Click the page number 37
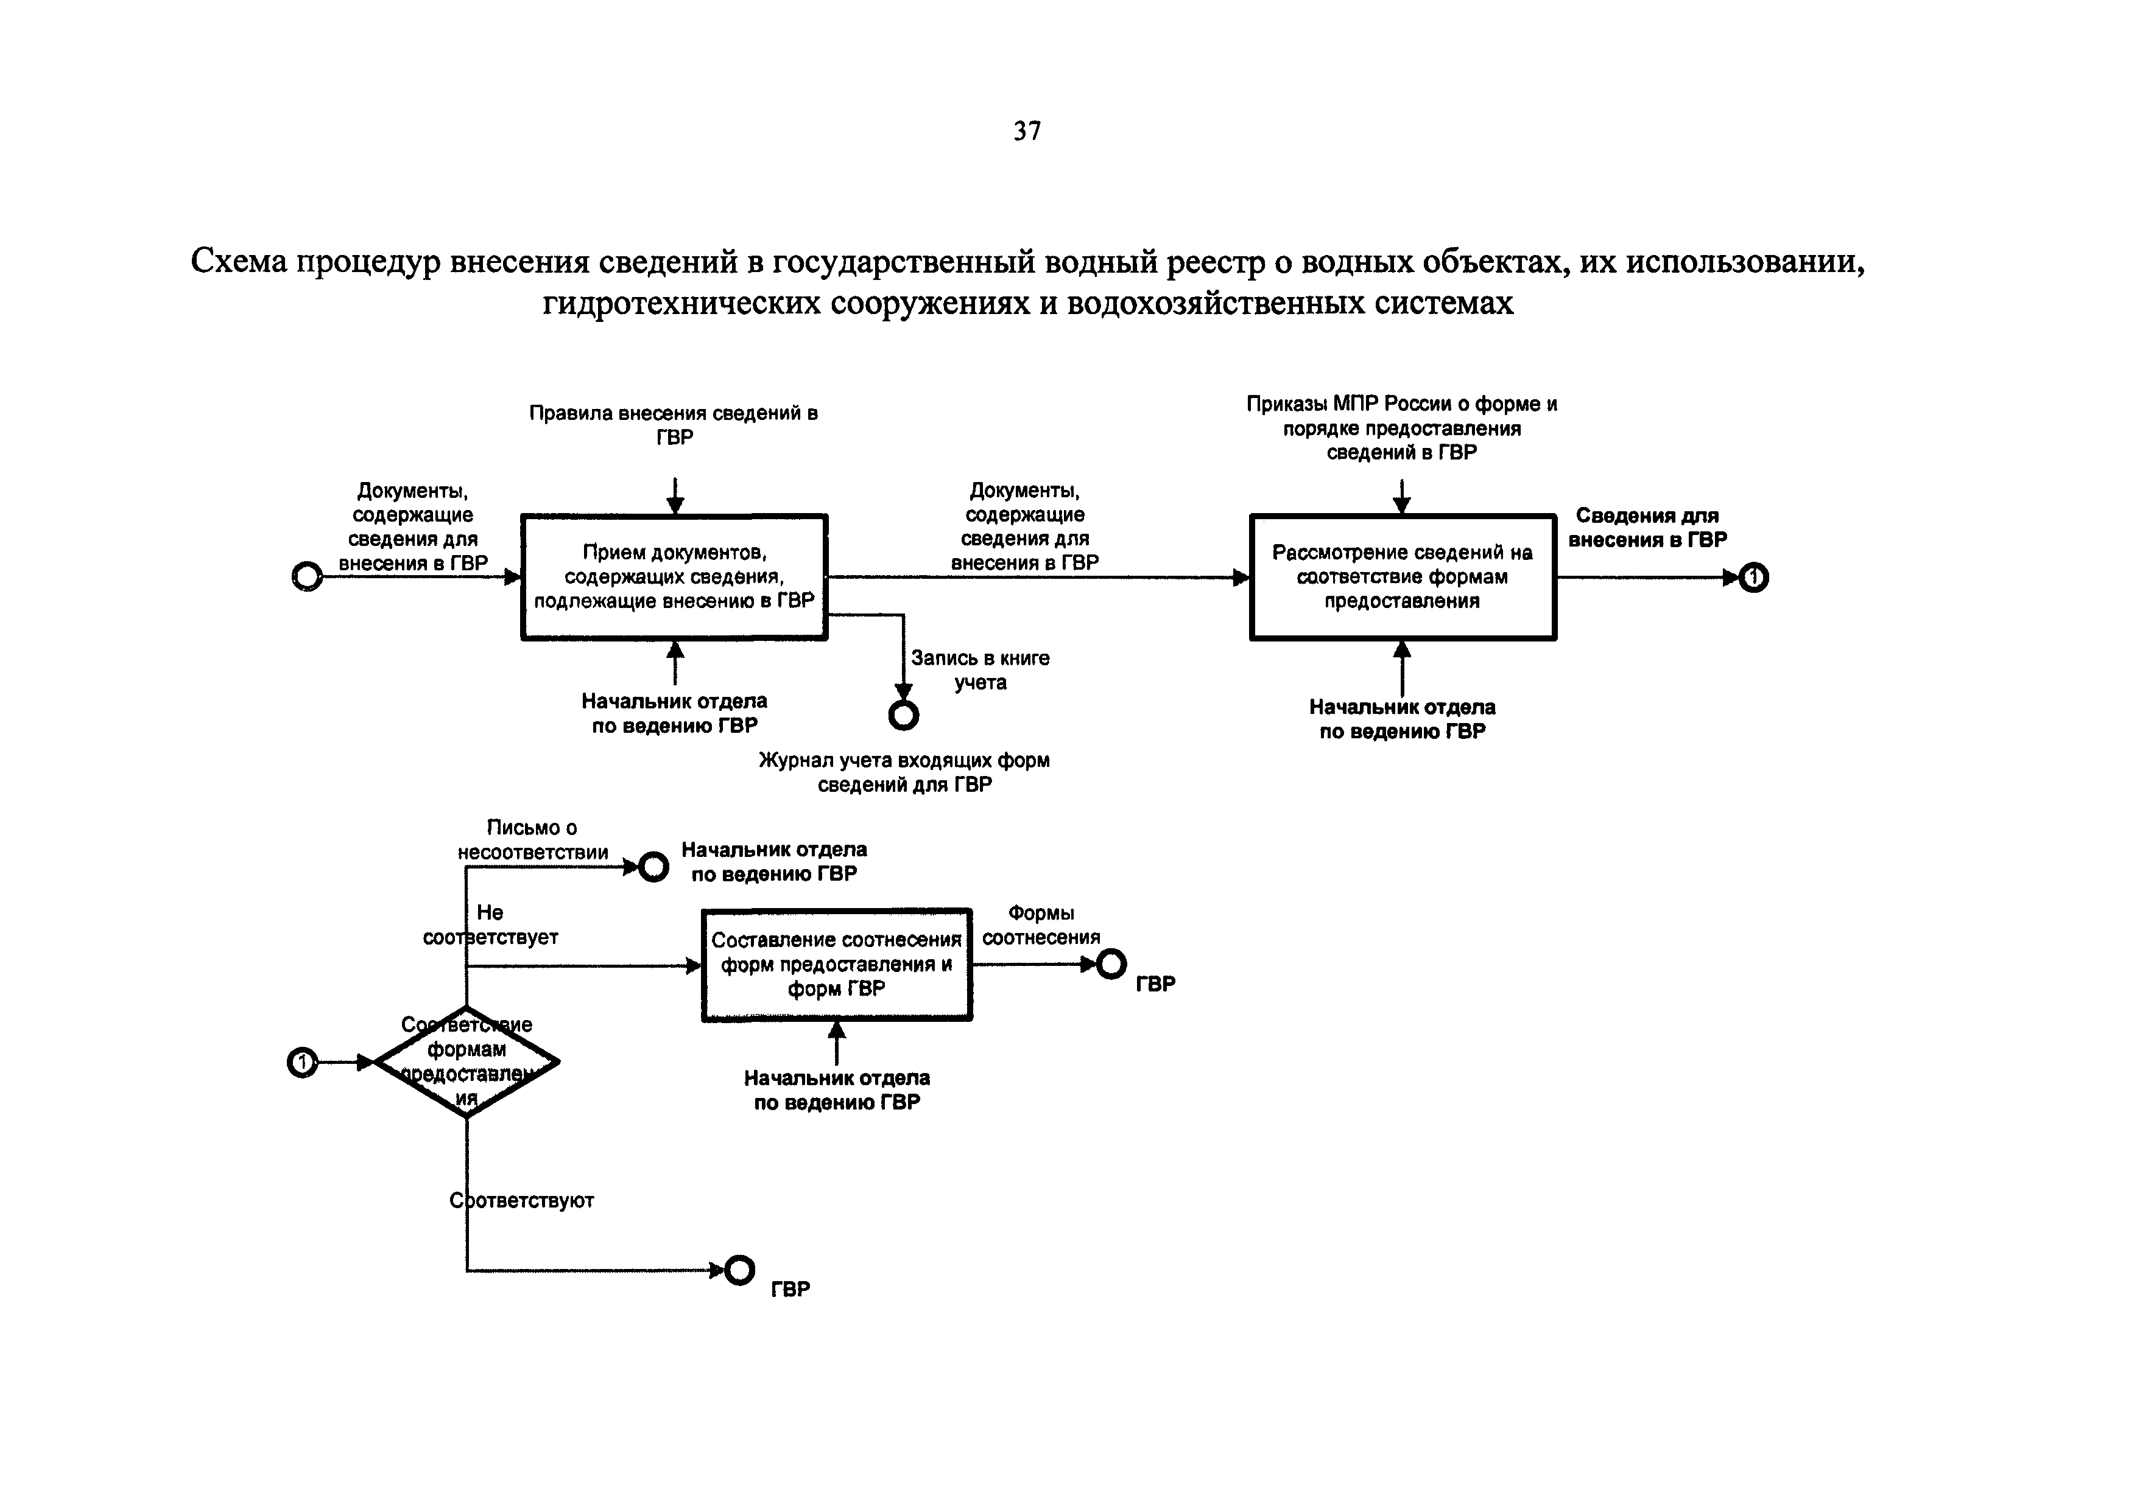click(x=1027, y=131)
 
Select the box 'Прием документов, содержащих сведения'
click(x=674, y=577)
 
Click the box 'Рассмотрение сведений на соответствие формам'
click(x=1402, y=577)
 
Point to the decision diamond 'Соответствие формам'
click(x=466, y=1061)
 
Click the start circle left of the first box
click(x=307, y=577)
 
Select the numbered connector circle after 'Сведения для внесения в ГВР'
click(x=1753, y=578)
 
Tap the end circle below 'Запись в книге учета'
click(x=903, y=715)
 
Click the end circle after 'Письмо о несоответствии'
click(x=653, y=867)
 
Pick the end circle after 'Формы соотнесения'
click(x=1110, y=964)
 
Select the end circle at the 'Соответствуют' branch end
click(x=740, y=1270)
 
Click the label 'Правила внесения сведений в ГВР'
click(x=674, y=424)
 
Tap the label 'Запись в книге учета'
click(x=980, y=670)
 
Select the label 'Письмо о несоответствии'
click(x=532, y=839)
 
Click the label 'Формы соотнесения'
click(x=1041, y=925)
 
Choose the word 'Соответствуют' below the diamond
click(x=522, y=1200)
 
